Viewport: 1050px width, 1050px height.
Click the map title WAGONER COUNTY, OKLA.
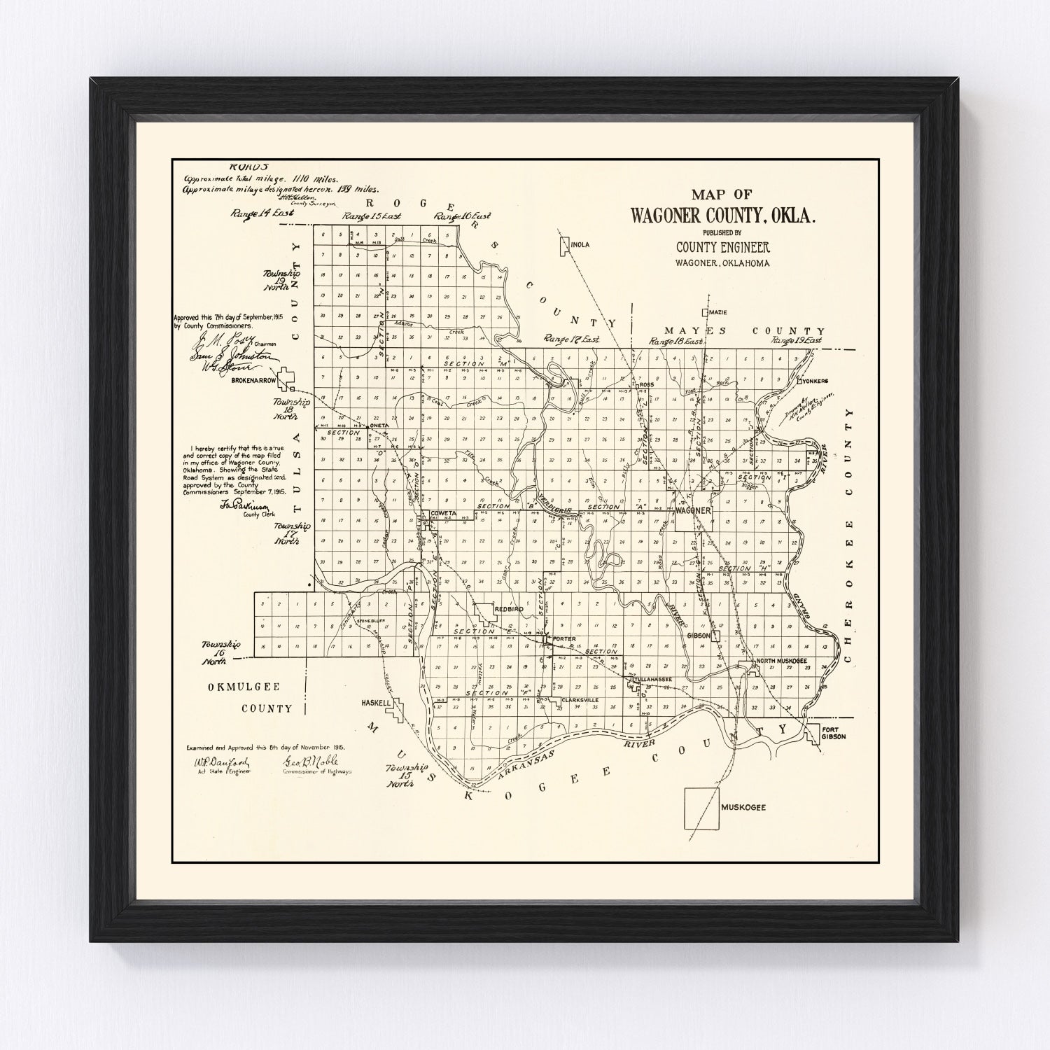(723, 216)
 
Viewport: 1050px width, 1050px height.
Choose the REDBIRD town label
(508, 610)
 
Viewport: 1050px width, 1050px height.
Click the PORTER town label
(564, 639)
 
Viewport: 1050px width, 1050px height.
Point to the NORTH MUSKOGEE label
(780, 661)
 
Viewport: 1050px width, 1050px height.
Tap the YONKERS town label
(816, 381)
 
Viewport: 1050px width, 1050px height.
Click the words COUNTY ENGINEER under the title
(722, 247)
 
